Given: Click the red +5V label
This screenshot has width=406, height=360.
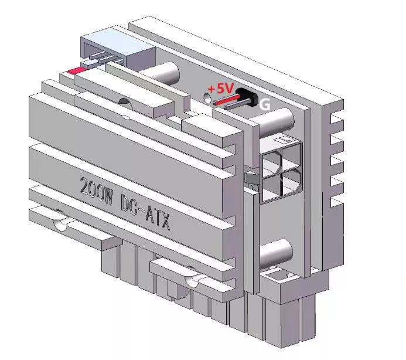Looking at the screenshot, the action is [x=221, y=89].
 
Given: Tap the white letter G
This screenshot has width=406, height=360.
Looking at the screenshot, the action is [x=265, y=104].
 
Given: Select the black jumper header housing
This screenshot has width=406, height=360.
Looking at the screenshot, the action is [x=248, y=97].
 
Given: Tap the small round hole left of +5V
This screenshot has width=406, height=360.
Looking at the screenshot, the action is [x=207, y=98].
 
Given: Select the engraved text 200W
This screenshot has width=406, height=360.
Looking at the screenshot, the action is [x=96, y=191].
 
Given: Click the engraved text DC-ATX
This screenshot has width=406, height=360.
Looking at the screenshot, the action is [x=145, y=212].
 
